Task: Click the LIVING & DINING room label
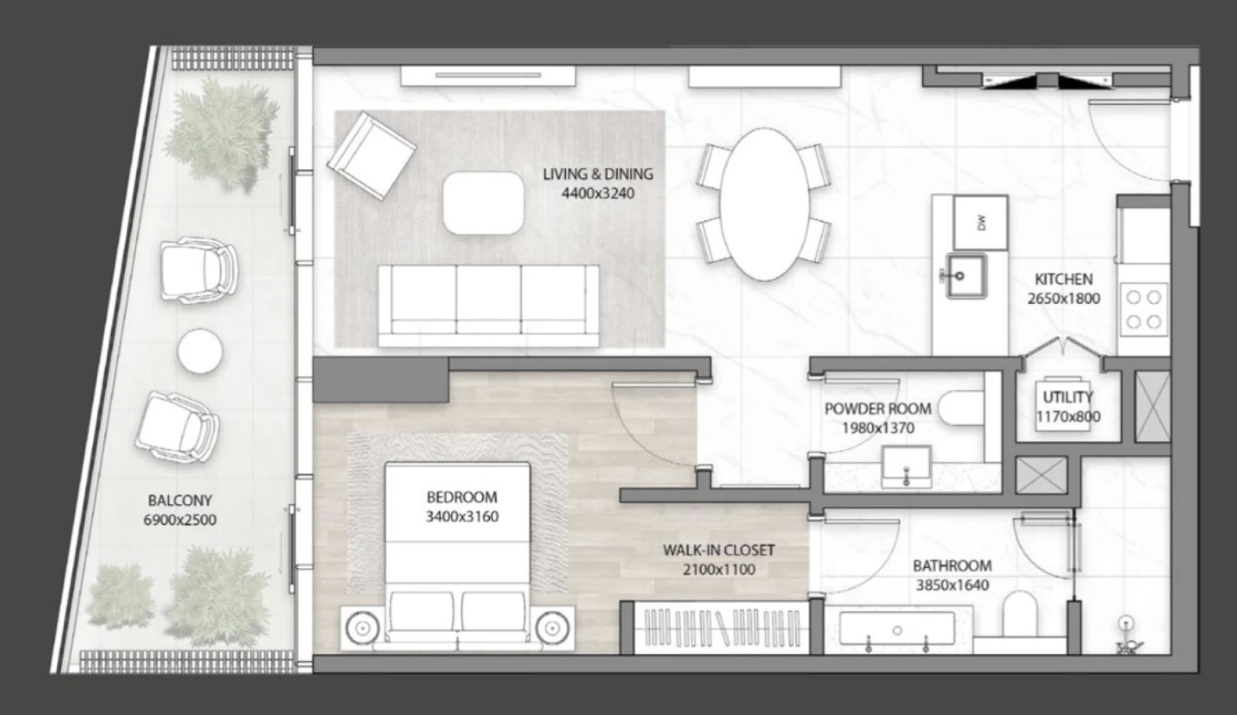pos(598,174)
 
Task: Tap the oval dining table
pos(764,204)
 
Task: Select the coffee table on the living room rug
pos(483,203)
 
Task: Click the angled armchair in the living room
pos(371,153)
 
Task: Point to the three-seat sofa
pos(489,305)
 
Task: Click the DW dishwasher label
pos(981,222)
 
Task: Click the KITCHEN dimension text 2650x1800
pos(1064,299)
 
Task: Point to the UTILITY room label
pos(1067,396)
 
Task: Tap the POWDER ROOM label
pos(878,409)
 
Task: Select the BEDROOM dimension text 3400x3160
pos(462,517)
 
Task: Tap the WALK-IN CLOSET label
pos(719,550)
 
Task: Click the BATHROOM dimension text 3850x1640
pos(952,585)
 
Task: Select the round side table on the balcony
pos(200,351)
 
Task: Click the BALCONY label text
pos(180,500)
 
